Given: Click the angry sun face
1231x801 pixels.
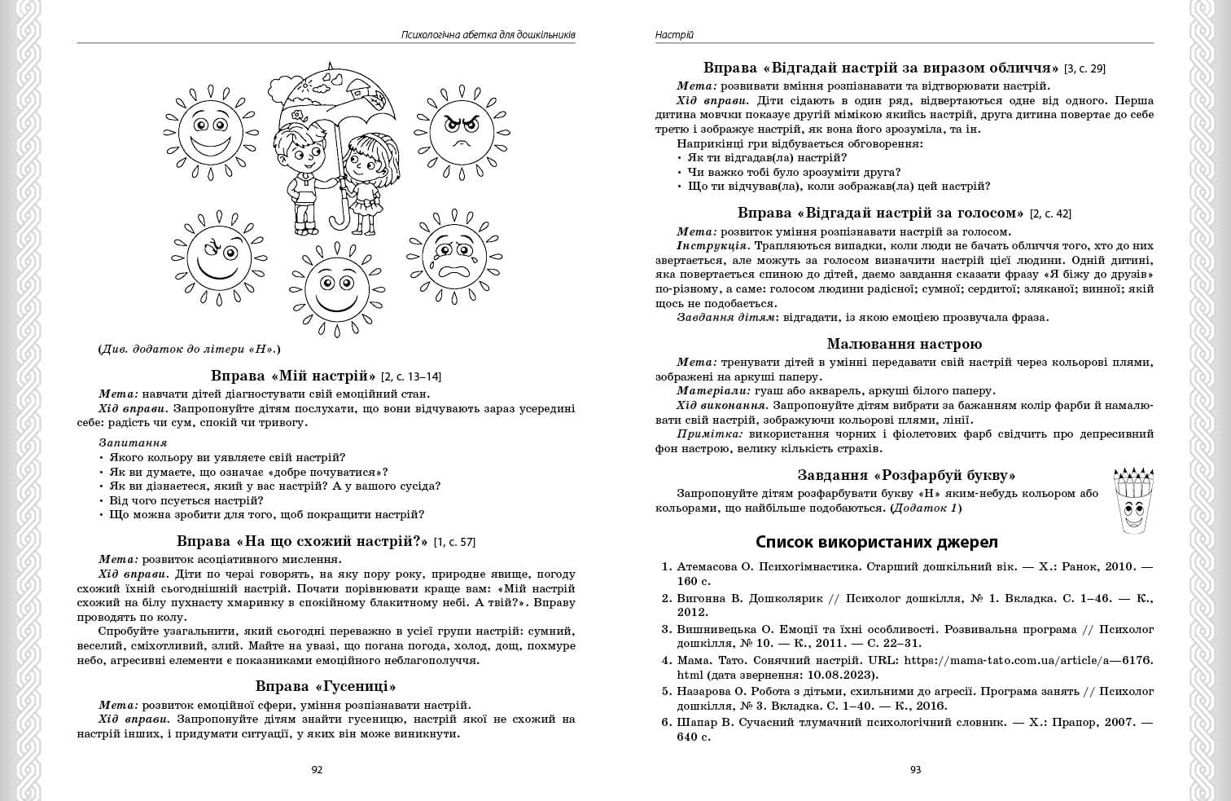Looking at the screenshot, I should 461,130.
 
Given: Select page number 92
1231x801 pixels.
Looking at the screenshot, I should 318,770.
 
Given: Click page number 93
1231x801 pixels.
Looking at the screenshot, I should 915,770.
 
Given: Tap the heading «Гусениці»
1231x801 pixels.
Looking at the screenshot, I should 326,686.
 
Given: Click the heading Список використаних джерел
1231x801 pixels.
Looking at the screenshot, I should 877,542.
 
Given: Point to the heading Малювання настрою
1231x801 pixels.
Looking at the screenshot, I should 904,344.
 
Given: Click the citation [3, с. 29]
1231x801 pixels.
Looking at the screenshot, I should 1085,68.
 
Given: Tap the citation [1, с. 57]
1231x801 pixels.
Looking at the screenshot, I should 454,542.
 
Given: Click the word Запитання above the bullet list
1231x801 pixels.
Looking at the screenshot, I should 133,442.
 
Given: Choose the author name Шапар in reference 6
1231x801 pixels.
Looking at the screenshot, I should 698,722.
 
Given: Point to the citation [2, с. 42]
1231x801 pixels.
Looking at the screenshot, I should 1050,213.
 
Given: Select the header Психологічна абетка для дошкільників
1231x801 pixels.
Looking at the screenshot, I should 488,35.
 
